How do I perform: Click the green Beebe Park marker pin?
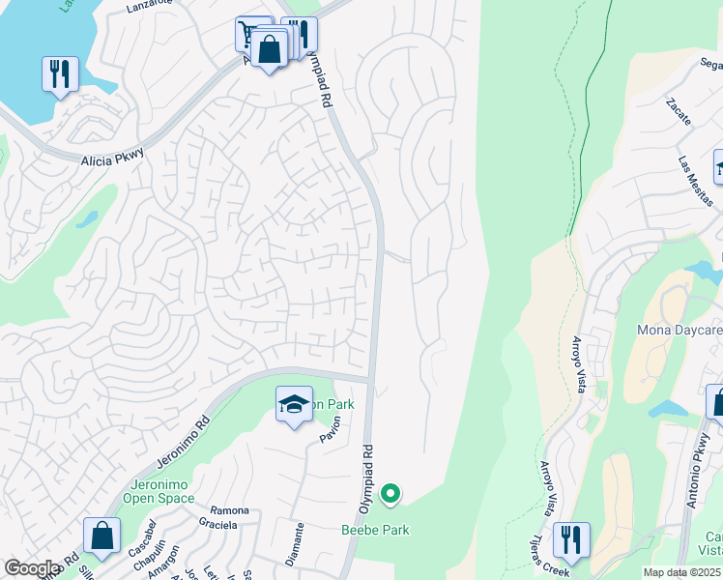390,494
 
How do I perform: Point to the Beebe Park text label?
375,530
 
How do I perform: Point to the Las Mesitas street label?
695,182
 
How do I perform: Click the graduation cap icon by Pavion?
294,404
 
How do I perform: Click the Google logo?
31,568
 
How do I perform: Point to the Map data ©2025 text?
681,572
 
